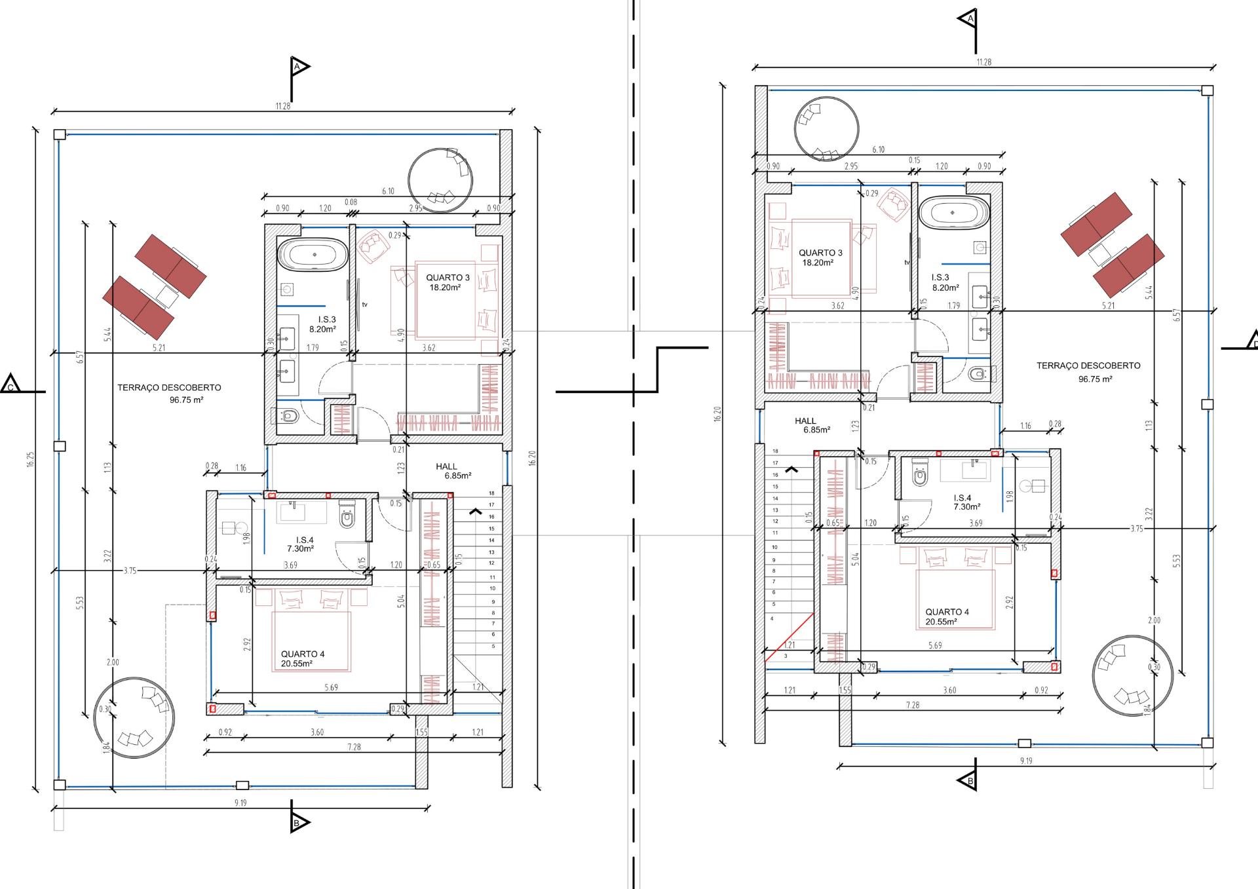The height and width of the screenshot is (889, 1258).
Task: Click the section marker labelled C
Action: pyautogui.click(x=11, y=385)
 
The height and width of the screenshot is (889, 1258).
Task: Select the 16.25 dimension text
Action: pyautogui.click(x=31, y=459)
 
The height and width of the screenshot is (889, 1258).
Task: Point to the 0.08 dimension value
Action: pyautogui.click(x=351, y=202)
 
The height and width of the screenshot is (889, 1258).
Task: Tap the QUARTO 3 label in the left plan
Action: pyautogui.click(x=448, y=278)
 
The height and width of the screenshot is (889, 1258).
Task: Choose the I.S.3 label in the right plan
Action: pyautogui.click(x=940, y=278)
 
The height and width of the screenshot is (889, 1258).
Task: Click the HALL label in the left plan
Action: pyautogui.click(x=447, y=467)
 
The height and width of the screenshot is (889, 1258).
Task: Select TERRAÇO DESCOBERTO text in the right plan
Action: pyautogui.click(x=1088, y=366)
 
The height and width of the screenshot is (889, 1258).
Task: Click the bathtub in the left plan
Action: pyautogui.click(x=313, y=254)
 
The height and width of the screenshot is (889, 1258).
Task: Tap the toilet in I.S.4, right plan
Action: pyautogui.click(x=920, y=476)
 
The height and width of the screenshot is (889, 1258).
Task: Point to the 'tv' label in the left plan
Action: pyautogui.click(x=365, y=305)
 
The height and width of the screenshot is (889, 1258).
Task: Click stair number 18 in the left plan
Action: pyautogui.click(x=491, y=493)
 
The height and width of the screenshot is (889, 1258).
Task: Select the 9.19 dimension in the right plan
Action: pyautogui.click(x=1026, y=761)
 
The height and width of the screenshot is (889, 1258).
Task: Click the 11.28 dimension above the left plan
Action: pyautogui.click(x=282, y=106)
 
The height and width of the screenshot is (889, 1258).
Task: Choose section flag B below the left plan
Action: pyautogui.click(x=298, y=822)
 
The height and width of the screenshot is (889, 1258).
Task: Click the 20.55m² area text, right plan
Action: pyautogui.click(x=942, y=622)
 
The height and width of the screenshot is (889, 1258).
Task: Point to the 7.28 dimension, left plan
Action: pyautogui.click(x=354, y=747)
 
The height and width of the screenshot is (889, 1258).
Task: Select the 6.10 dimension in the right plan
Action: pyautogui.click(x=878, y=150)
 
